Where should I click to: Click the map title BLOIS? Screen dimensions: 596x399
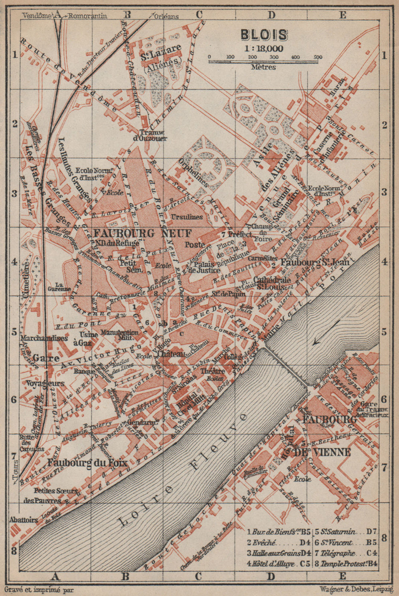[264, 35]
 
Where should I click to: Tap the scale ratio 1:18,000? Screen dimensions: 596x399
[264, 49]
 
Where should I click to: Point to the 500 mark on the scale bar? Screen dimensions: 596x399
[318, 57]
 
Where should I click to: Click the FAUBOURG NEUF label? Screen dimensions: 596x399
[142, 233]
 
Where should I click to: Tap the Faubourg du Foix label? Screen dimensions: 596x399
[87, 463]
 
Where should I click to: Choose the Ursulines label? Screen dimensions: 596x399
[187, 217]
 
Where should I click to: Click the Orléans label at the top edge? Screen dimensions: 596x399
[167, 17]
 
